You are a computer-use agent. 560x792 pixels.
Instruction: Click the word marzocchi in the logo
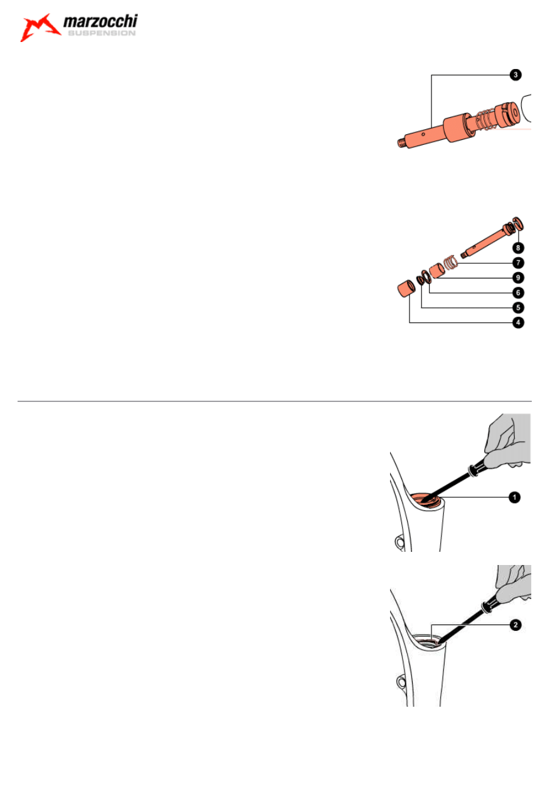(100, 21)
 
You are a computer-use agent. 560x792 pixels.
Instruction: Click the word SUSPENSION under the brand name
(102, 33)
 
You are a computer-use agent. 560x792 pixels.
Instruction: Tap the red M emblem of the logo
(40, 27)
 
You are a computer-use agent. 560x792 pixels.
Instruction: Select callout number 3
(515, 75)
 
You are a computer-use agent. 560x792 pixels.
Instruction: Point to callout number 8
(518, 248)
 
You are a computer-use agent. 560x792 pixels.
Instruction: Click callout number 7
(518, 263)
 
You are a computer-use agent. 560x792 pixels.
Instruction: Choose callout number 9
(518, 278)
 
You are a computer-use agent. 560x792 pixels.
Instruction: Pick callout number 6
(518, 293)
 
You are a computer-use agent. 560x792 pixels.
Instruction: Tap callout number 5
(518, 308)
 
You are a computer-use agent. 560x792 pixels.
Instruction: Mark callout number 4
(518, 322)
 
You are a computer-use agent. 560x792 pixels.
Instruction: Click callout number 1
(514, 497)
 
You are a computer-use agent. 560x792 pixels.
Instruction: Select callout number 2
(515, 625)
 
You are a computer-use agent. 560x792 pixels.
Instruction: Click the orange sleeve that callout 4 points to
(406, 288)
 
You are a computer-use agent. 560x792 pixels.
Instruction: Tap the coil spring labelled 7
(451, 263)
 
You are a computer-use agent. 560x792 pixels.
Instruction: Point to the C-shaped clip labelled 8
(518, 224)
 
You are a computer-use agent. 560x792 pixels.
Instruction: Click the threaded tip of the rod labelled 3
(401, 143)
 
